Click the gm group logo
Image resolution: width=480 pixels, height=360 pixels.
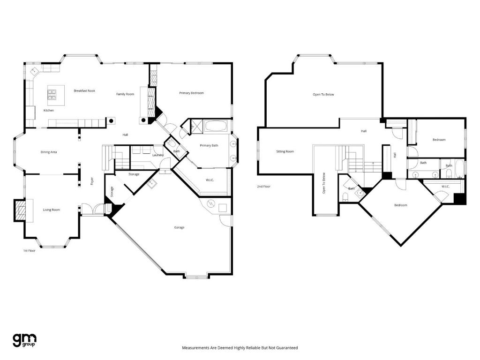[x=24, y=340]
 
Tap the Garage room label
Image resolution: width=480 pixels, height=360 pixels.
[x=179, y=228]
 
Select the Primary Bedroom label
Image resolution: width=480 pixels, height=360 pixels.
[x=191, y=93]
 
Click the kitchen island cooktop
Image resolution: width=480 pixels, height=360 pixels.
[x=52, y=94]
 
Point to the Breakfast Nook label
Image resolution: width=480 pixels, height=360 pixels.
[x=84, y=90]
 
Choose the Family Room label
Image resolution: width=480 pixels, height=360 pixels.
[x=125, y=94]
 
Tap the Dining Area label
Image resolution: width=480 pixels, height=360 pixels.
[x=49, y=152]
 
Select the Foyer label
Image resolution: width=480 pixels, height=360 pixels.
[x=92, y=180]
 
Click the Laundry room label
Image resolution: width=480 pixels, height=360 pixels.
[x=157, y=155]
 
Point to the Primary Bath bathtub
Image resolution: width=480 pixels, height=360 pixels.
[x=216, y=127]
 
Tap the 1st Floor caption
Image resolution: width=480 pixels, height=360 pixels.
[x=30, y=251]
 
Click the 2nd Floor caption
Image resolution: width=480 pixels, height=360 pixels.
[x=263, y=187]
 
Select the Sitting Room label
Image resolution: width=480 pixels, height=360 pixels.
[x=285, y=151]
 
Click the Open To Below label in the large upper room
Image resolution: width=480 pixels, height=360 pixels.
[x=323, y=95]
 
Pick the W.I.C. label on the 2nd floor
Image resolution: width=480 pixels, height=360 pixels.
[x=445, y=187]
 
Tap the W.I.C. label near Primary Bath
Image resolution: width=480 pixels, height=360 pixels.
[x=210, y=180]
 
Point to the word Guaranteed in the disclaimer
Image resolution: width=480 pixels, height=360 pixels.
[x=287, y=348]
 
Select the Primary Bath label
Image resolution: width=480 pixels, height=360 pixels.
[x=209, y=145]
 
